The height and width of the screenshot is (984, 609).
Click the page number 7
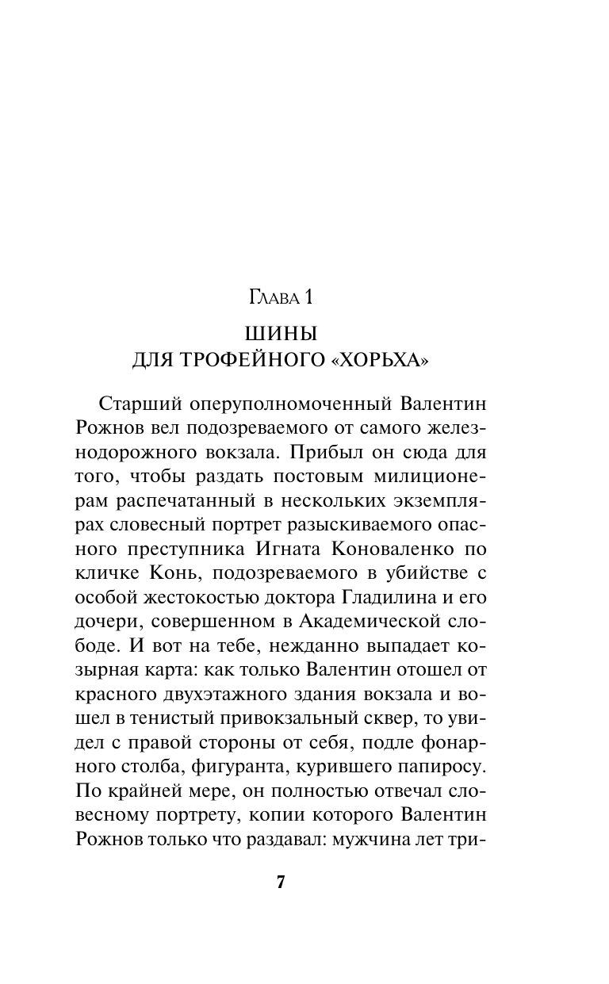tap(281, 883)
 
